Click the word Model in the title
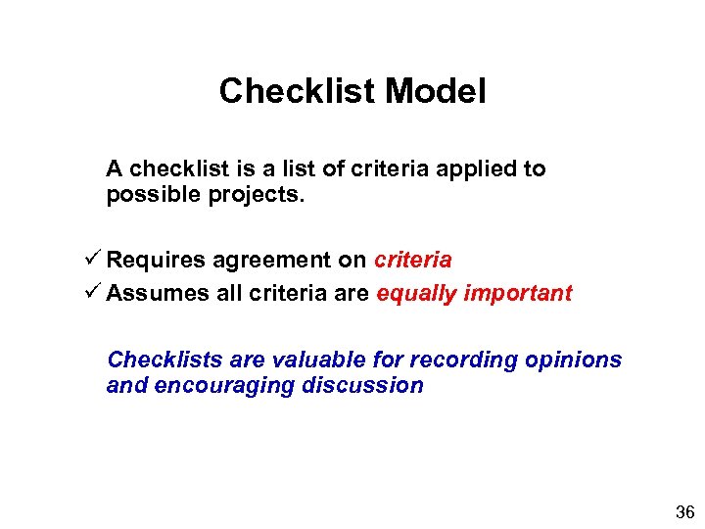click(436, 91)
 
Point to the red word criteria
click(412, 260)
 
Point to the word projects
click(258, 195)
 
